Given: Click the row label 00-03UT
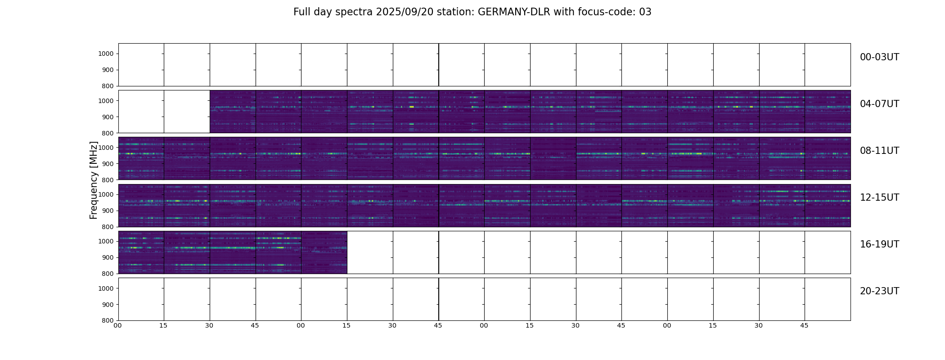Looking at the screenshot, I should click(879, 57).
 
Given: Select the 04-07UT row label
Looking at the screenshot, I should click(879, 104).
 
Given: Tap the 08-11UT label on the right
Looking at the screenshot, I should click(879, 151).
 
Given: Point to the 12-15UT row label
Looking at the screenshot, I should click(879, 198).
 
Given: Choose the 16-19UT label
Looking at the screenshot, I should click(879, 244).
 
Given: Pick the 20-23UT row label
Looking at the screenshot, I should click(879, 291).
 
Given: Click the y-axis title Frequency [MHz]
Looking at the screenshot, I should click(94, 180).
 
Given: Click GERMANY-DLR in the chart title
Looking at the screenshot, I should click(513, 12).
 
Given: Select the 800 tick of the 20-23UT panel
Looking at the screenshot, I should click(108, 320).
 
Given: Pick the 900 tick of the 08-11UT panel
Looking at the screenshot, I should click(108, 164).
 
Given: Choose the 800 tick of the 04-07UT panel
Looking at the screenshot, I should click(108, 133).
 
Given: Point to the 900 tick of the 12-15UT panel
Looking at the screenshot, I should click(108, 211).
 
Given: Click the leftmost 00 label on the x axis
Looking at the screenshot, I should click(118, 325).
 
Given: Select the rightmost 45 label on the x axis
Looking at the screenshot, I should click(804, 325).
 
